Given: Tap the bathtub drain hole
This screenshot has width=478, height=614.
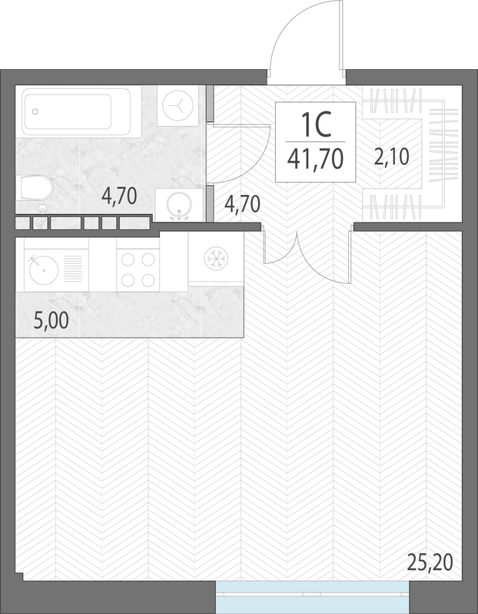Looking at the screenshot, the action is [35, 111].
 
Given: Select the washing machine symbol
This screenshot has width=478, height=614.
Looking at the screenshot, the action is [178, 106].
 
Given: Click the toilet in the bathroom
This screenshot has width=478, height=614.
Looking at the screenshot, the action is [36, 188].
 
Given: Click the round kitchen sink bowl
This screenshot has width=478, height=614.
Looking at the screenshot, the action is [44, 270].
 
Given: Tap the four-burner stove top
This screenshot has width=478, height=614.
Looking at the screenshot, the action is [138, 270].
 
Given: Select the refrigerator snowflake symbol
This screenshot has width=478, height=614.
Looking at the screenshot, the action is [216, 258].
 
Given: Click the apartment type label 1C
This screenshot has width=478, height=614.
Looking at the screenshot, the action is [316, 124].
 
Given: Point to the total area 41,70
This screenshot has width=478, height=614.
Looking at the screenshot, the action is [316, 159].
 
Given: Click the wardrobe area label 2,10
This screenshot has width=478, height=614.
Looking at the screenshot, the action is [391, 157].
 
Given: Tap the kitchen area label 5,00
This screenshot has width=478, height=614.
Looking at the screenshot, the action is [51, 321].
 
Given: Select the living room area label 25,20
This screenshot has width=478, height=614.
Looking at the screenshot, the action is [430, 563].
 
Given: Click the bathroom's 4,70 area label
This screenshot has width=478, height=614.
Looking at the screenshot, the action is [119, 196].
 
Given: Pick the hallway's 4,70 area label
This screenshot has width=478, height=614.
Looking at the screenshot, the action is [242, 204].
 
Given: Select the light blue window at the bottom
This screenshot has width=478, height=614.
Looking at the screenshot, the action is [313, 597].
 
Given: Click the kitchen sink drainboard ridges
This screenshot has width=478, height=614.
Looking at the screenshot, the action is [73, 269].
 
